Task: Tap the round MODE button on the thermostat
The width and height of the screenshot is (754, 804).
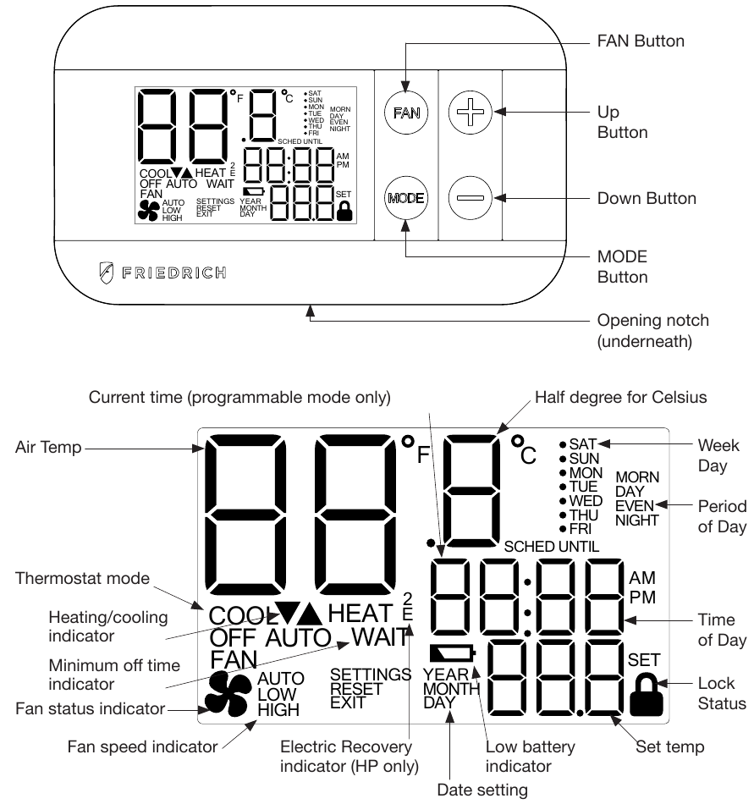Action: click(405, 198)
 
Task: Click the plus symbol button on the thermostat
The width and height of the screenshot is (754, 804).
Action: click(469, 112)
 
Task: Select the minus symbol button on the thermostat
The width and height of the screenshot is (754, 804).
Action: click(469, 198)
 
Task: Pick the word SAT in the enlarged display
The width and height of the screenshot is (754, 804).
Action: click(583, 443)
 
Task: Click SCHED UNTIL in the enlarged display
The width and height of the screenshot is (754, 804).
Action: click(551, 547)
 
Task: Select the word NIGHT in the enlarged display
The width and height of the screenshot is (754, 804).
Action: click(636, 520)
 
